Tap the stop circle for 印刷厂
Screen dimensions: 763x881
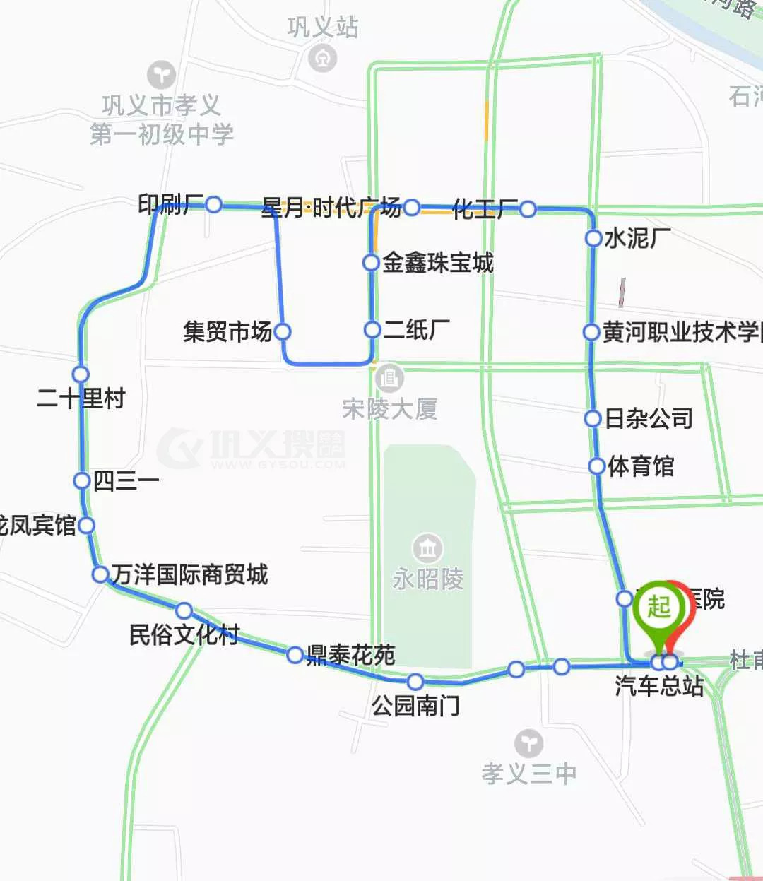click(214, 205)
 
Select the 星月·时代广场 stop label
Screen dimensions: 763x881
click(331, 207)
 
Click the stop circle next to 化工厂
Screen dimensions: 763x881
click(528, 209)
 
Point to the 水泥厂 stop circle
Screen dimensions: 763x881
click(593, 238)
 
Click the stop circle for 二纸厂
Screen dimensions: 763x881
click(372, 329)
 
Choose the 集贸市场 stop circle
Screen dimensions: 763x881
click(283, 331)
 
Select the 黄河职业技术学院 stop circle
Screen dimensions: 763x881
click(591, 331)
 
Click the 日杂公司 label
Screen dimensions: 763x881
click(649, 418)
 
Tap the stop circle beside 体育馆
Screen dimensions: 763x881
click(597, 466)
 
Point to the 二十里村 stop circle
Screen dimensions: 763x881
click(81, 374)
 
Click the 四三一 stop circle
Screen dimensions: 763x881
click(82, 480)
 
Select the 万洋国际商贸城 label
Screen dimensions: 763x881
click(189, 574)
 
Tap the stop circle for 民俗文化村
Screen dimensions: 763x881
click(184, 610)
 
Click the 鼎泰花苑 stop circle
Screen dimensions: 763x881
click(295, 655)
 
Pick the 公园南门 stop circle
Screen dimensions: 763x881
click(415, 681)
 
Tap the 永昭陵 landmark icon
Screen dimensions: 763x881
click(427, 548)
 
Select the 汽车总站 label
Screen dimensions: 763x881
click(658, 685)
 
